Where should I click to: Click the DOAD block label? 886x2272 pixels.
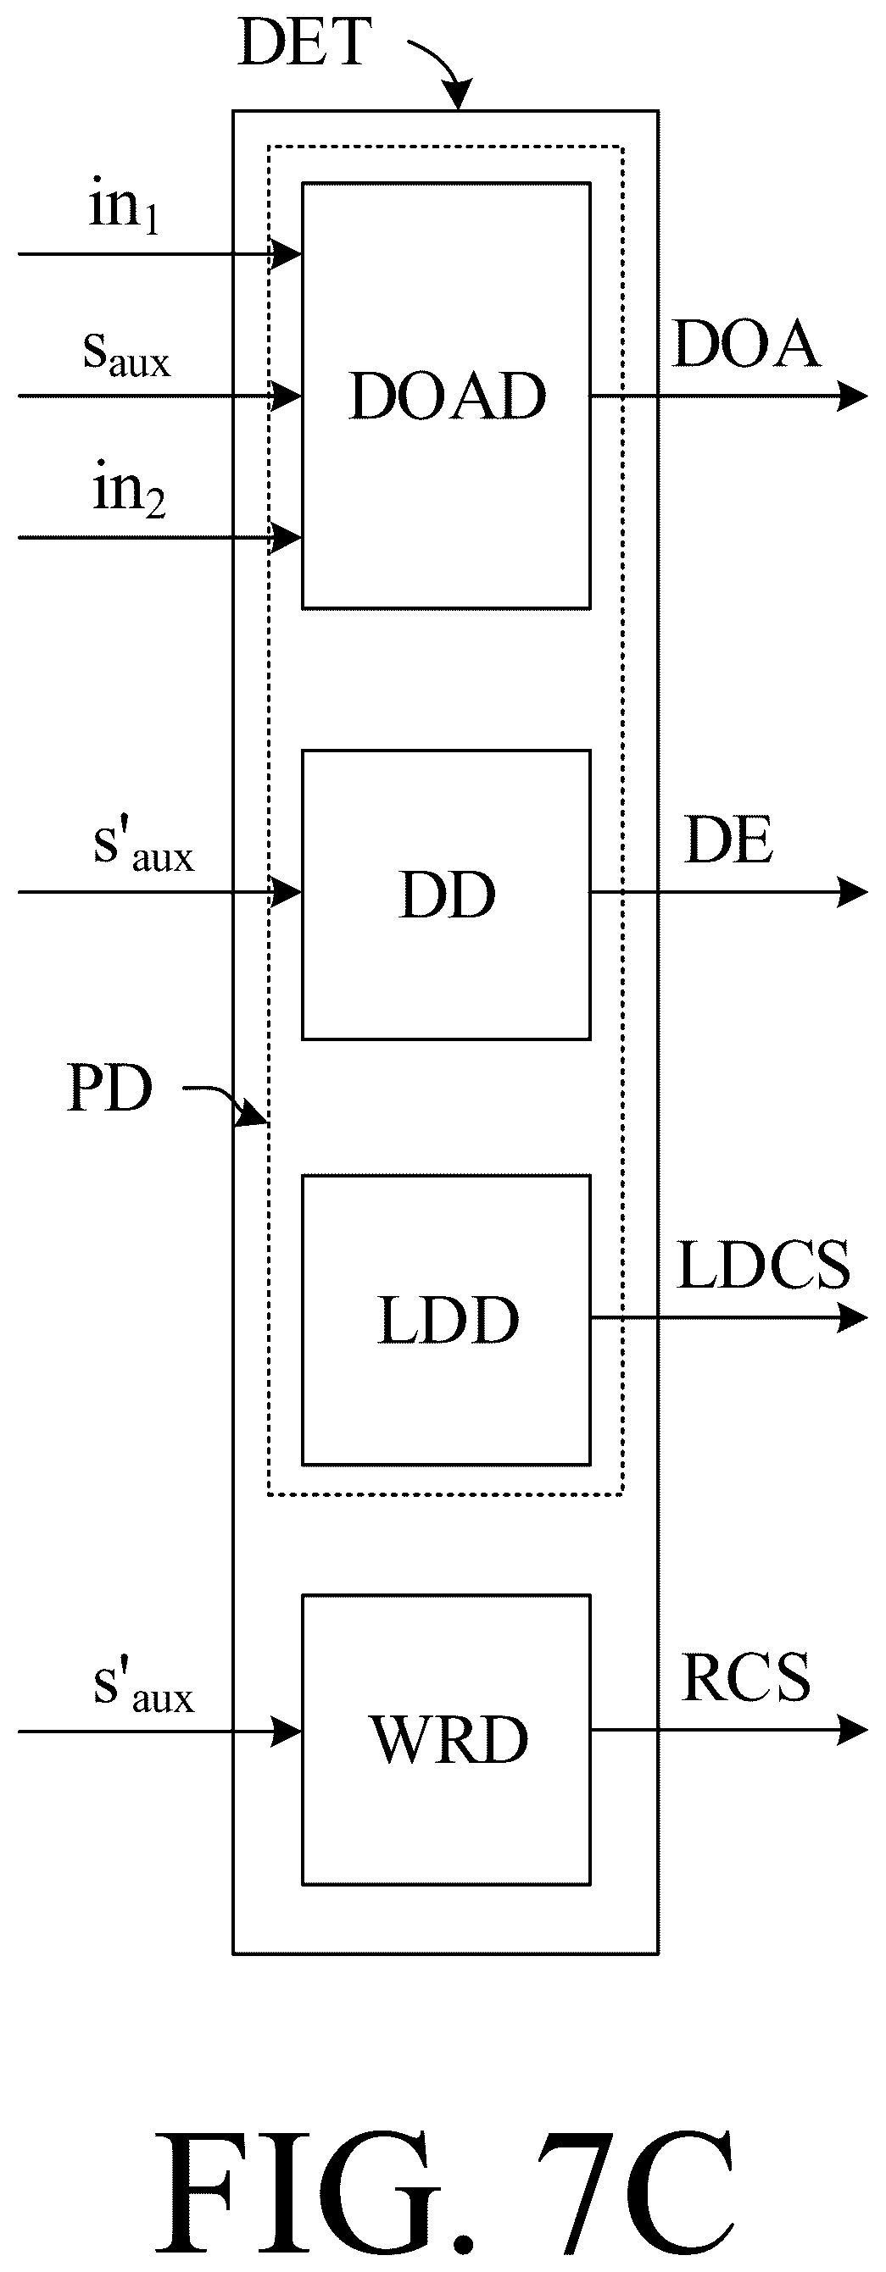[448, 396]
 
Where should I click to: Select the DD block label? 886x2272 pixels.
[448, 895]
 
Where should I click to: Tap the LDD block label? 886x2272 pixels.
[449, 1321]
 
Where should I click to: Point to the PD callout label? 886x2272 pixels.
[109, 1088]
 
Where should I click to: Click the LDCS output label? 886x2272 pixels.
[763, 1265]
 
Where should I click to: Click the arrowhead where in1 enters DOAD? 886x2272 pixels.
[301, 255]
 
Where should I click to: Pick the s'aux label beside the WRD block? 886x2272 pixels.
[143, 1687]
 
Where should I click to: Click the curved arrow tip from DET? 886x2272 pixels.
[460, 108]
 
